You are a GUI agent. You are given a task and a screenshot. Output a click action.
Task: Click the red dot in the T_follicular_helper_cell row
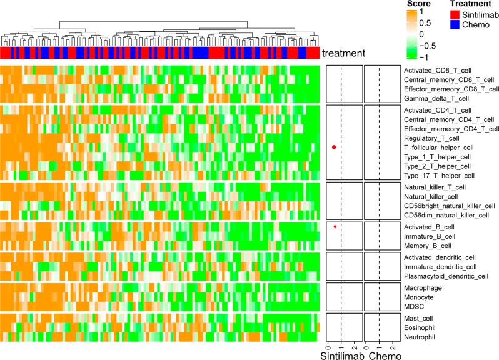pyautogui.click(x=334, y=147)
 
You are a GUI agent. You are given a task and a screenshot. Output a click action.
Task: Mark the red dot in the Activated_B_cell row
pyautogui.click(x=335, y=226)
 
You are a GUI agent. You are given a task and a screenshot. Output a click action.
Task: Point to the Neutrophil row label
pyautogui.click(x=420, y=337)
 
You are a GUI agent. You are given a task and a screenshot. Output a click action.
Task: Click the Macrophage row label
pyautogui.click(x=422, y=287)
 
